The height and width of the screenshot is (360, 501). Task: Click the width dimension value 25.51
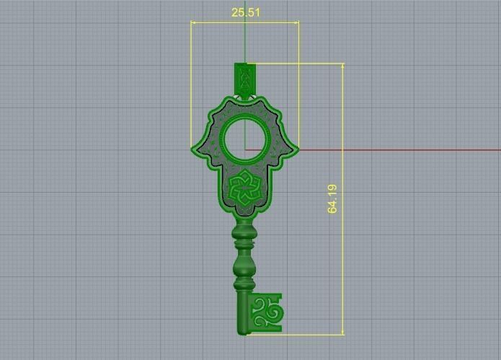tap(245, 12)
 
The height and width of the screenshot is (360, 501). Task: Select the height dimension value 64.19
tap(332, 198)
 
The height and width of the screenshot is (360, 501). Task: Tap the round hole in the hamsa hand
tap(244, 138)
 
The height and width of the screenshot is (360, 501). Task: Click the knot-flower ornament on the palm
tap(244, 189)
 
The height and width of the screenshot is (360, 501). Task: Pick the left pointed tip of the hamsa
tap(194, 149)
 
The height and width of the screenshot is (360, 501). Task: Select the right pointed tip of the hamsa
tap(296, 149)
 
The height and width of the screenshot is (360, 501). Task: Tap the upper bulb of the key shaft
tap(244, 234)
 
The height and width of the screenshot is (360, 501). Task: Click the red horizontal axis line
tap(396, 150)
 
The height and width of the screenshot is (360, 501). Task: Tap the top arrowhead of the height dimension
tap(343, 66)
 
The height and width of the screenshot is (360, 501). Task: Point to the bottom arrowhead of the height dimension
tap(343, 331)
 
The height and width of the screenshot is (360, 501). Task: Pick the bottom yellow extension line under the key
tap(303, 334)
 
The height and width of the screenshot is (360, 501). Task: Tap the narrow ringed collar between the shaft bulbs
tap(244, 252)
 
